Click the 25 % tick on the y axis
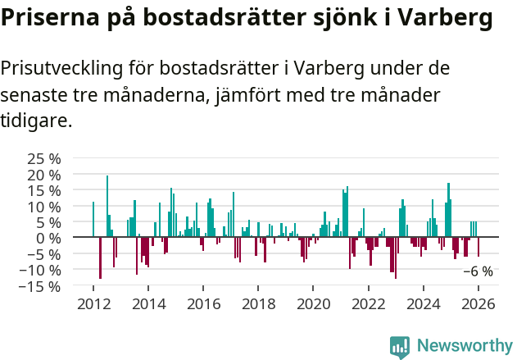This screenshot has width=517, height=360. click(43, 158)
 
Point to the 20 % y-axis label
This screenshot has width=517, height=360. click(43, 175)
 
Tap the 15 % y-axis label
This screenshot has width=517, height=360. click(43, 190)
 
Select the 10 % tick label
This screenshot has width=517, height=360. click(43, 207)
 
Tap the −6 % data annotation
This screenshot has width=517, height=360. click(478, 271)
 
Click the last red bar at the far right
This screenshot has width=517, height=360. click(478, 247)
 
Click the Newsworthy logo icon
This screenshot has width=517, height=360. click(400, 346)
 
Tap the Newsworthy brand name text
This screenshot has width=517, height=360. click(464, 346)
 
